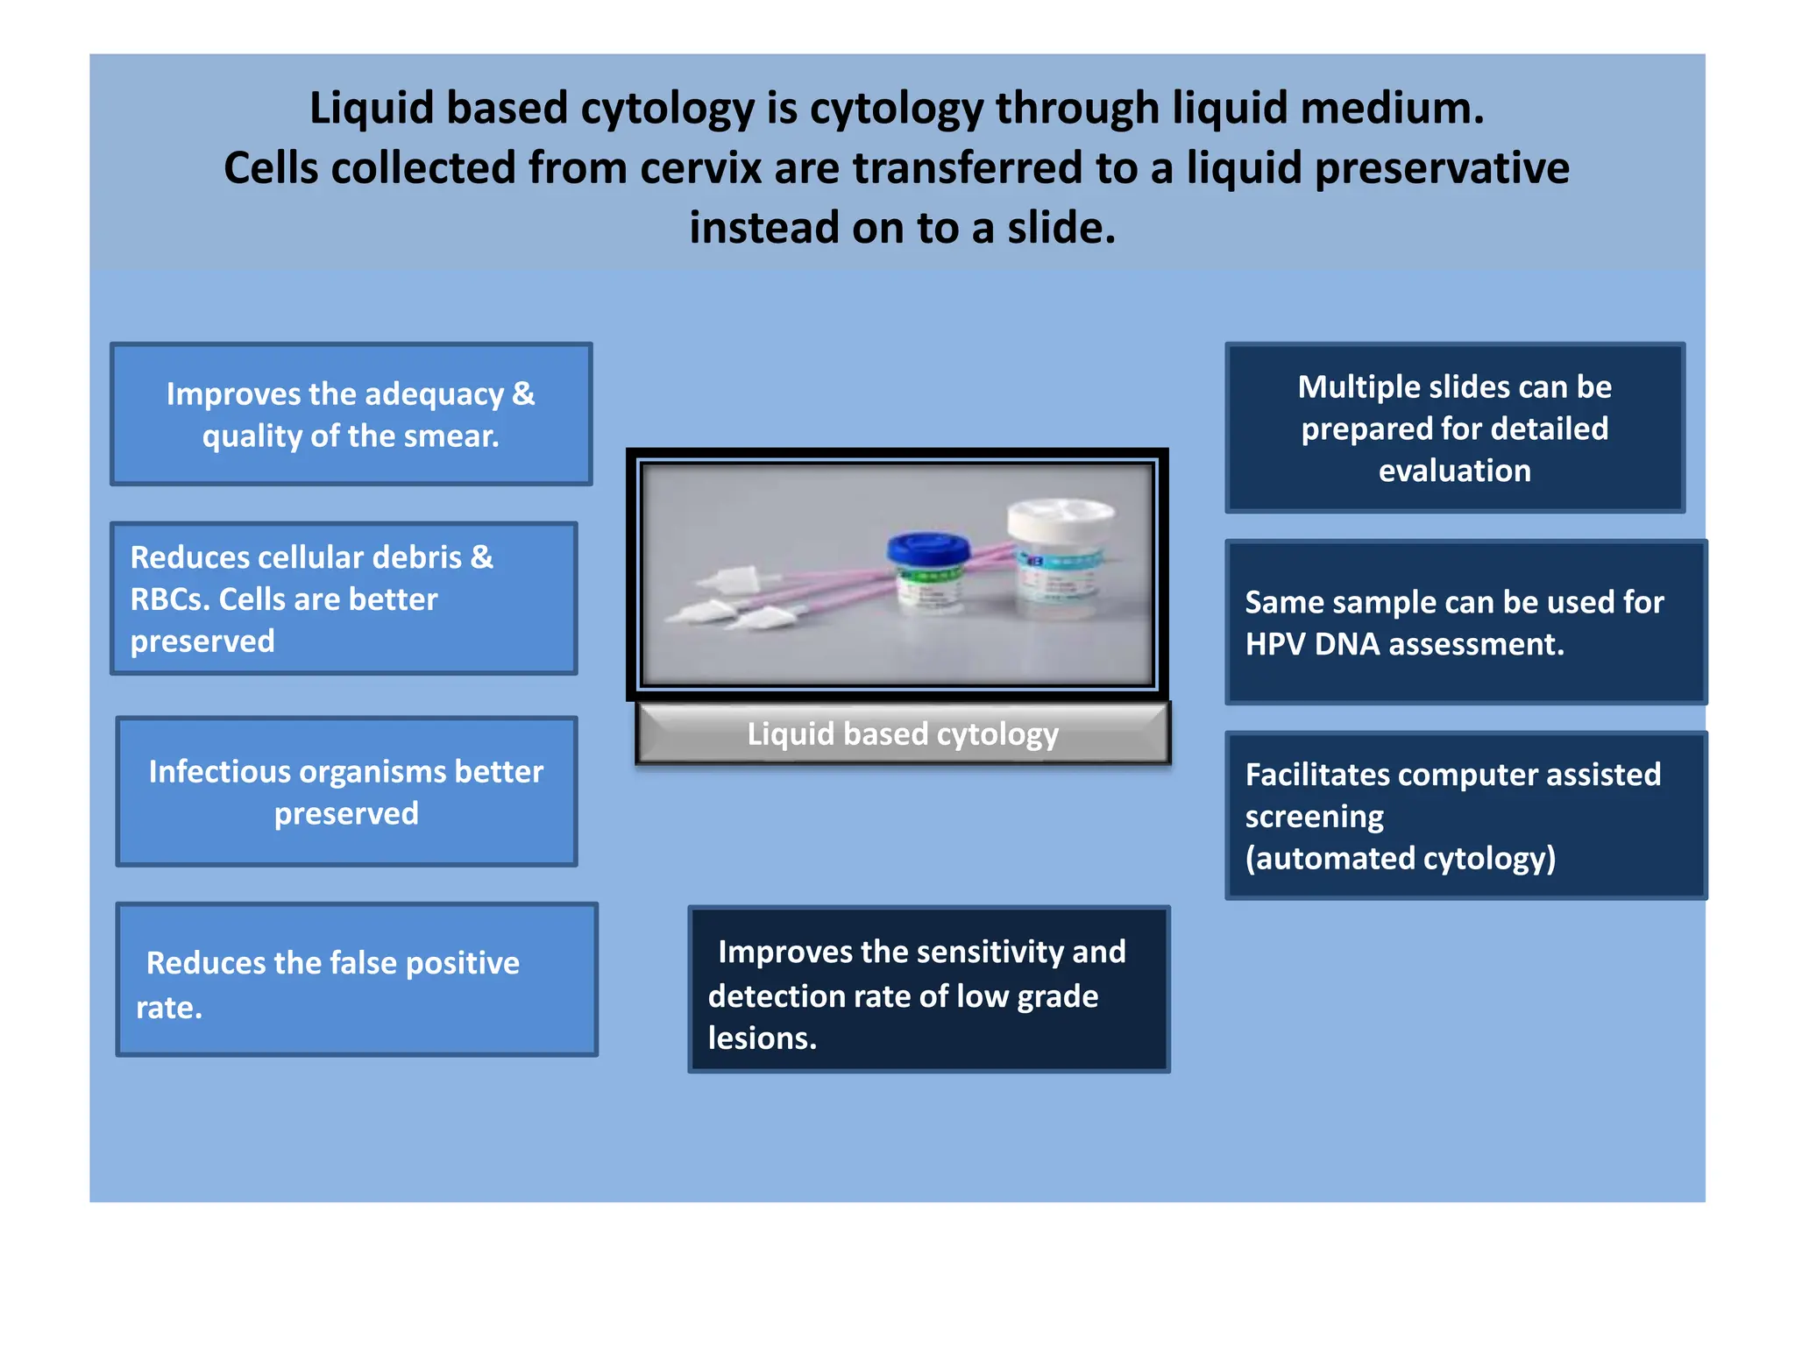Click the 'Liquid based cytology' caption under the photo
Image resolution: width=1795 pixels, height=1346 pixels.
pyautogui.click(x=902, y=734)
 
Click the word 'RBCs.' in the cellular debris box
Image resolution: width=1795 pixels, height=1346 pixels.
pyautogui.click(x=169, y=599)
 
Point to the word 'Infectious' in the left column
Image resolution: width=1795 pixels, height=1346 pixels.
pyautogui.click(x=219, y=772)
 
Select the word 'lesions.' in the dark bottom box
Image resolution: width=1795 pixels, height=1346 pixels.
pyautogui.click(x=762, y=1038)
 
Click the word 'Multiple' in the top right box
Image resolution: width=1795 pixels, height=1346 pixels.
pyautogui.click(x=1354, y=387)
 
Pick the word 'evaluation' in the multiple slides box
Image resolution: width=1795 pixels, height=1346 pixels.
pyautogui.click(x=1454, y=471)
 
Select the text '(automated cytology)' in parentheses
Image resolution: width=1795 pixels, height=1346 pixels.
pyautogui.click(x=1400, y=859)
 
